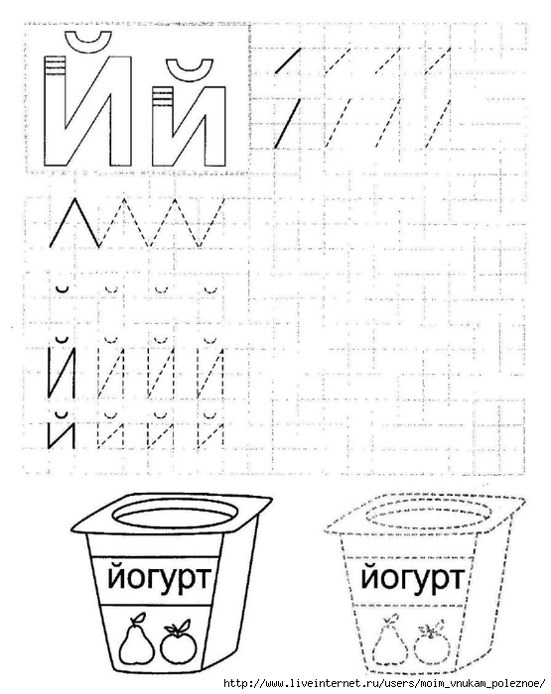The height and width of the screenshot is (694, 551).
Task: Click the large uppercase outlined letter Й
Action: pos(55,111)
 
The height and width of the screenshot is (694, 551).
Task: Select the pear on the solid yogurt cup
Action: pos(136,638)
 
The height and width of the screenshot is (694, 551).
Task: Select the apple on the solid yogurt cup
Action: pos(178,642)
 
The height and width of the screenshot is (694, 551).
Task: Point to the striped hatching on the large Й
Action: pos(55,65)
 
